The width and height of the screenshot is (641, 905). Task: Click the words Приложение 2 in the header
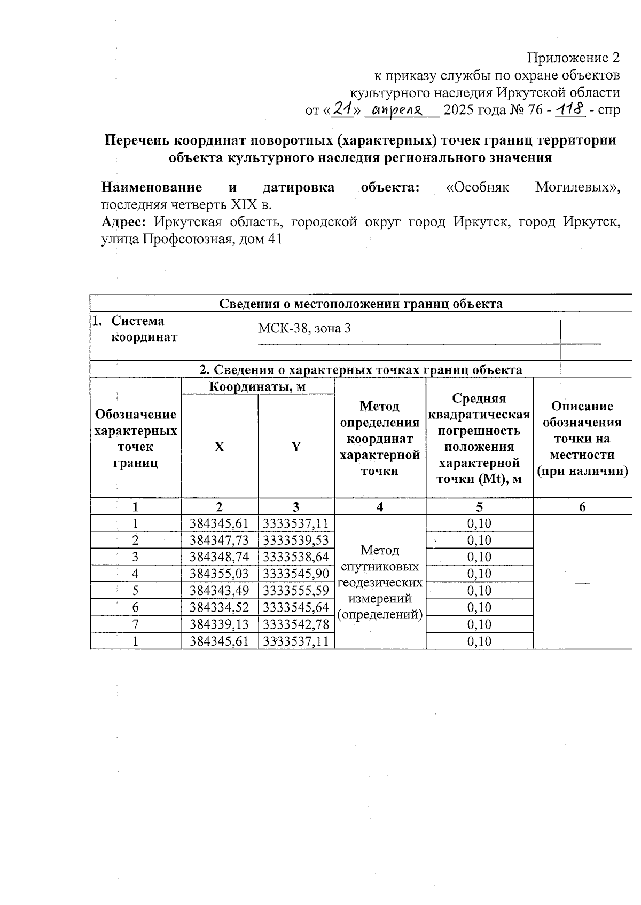[x=574, y=58]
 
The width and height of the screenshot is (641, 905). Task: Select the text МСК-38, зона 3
[x=304, y=328]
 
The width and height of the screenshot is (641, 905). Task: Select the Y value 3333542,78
[x=296, y=624]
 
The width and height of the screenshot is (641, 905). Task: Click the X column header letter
[x=220, y=447]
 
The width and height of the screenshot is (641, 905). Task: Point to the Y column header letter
[x=296, y=447]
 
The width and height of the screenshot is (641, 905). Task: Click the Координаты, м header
[x=257, y=386]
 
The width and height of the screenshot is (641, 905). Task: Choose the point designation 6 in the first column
[x=136, y=607]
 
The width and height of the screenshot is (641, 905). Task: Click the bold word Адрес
[x=123, y=222]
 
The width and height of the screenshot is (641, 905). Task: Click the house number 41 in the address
[x=274, y=240]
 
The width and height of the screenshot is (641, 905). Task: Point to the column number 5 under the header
[x=479, y=507]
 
